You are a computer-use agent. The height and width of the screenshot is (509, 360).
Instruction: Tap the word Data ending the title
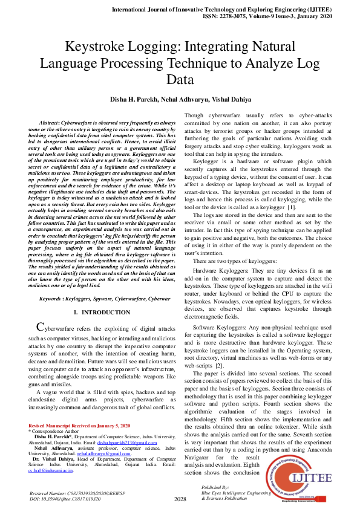180,79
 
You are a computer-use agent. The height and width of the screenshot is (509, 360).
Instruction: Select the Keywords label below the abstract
53,299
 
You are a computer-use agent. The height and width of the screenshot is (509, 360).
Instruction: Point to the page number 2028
180,499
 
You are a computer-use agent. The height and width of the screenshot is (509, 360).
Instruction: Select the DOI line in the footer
65,499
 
